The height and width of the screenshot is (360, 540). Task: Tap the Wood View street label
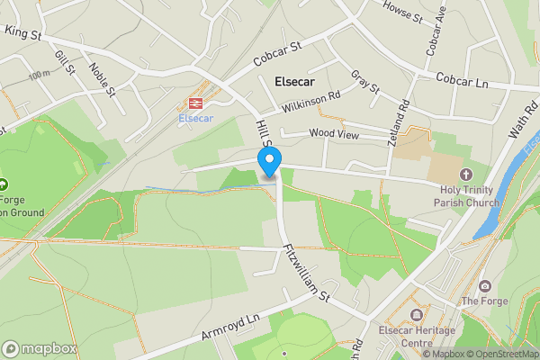[333, 134]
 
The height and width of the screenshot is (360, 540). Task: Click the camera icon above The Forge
[485, 285]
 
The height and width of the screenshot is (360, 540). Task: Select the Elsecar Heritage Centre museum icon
[417, 314]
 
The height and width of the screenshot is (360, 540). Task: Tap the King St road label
[24, 31]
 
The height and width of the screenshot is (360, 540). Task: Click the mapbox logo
[39, 348]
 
